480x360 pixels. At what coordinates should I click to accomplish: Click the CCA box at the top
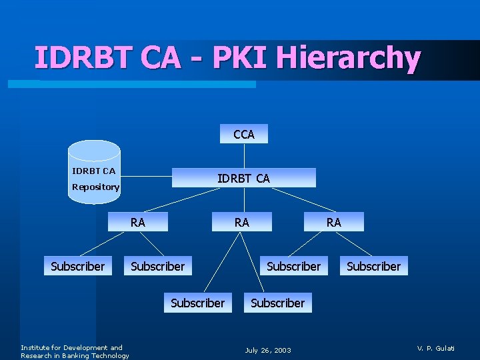tap(244, 134)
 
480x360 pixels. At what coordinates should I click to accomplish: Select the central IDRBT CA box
tap(243, 178)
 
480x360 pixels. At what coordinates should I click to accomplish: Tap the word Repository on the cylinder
tap(95, 187)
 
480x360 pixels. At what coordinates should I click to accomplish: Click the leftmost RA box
tap(137, 222)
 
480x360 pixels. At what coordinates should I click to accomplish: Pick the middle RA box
tap(241, 222)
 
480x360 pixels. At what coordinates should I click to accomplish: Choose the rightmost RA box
tap(333, 222)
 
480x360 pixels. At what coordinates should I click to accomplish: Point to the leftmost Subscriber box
tap(77, 266)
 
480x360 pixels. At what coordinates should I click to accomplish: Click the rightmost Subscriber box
tap(373, 266)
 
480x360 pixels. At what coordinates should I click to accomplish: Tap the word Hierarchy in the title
tap(348, 57)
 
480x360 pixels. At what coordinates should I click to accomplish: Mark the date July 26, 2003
tap(268, 350)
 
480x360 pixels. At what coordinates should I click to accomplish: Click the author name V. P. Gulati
tap(436, 348)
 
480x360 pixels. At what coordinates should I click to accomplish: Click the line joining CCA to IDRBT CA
tap(244, 156)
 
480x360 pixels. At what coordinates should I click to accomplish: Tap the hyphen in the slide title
tap(196, 59)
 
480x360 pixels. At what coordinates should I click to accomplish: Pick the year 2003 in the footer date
tap(282, 350)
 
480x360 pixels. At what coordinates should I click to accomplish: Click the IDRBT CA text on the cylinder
tap(93, 171)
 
